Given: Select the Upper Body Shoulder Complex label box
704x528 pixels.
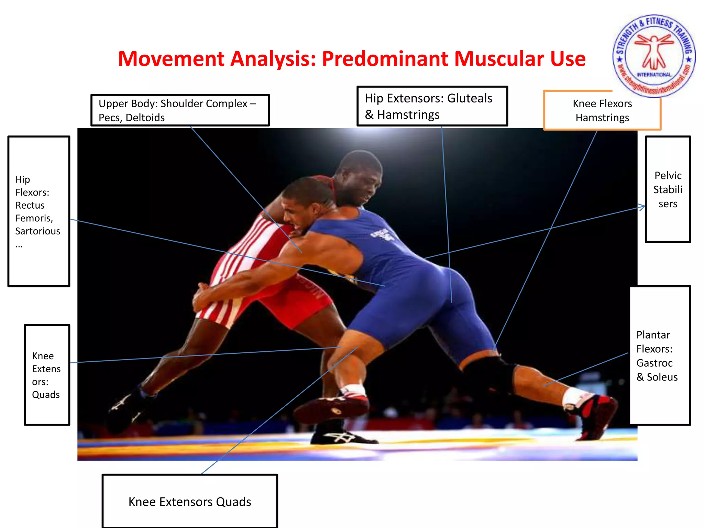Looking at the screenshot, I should pyautogui.click(x=180, y=110).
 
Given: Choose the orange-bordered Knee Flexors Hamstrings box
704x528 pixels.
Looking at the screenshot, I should pyautogui.click(x=602, y=110).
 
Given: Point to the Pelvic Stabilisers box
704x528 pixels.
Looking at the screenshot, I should pyautogui.click(x=668, y=189).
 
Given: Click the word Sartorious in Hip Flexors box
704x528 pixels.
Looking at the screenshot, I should pyautogui.click(x=37, y=231).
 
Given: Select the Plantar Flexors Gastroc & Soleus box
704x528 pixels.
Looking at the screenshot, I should pyautogui.click(x=660, y=356).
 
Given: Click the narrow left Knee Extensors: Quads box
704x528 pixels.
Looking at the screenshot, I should pyautogui.click(x=47, y=375).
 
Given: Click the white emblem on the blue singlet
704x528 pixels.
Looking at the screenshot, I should pyautogui.click(x=382, y=235).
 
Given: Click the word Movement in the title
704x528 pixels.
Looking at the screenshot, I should pyautogui.click(x=171, y=59).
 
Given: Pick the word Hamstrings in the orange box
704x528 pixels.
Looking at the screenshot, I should pyautogui.click(x=602, y=118).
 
